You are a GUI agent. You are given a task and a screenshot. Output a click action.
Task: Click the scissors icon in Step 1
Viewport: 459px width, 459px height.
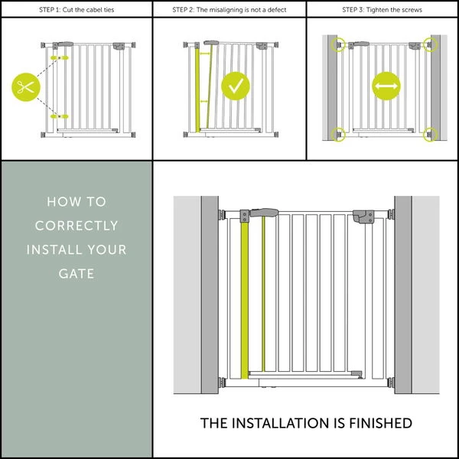click(x=24, y=86)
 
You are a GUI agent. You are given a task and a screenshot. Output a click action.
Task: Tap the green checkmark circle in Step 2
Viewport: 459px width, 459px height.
click(x=236, y=86)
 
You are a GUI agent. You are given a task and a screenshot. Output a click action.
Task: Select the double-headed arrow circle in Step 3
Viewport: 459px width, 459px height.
click(x=386, y=86)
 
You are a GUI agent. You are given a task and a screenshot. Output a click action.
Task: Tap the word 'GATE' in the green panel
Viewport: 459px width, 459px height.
click(x=76, y=273)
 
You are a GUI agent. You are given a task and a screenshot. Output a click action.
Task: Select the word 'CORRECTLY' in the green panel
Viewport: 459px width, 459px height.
click(x=76, y=226)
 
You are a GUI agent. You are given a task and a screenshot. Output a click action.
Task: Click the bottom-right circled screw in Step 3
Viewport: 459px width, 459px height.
click(x=428, y=135)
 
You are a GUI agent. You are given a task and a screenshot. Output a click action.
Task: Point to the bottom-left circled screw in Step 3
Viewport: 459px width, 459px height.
click(x=337, y=135)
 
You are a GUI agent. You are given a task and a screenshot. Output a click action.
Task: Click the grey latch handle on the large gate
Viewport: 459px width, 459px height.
click(x=264, y=213)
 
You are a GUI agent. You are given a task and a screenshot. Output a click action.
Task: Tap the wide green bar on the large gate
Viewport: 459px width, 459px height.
click(x=245, y=298)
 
